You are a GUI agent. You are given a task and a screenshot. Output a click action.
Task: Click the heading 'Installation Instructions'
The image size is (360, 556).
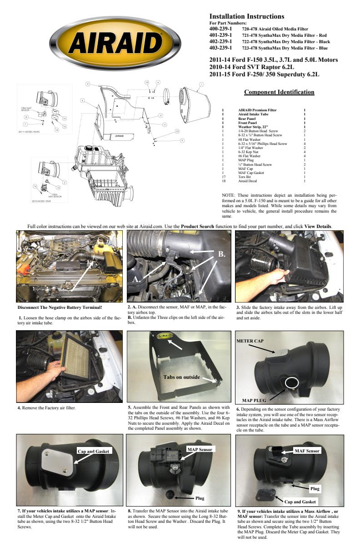[246, 16]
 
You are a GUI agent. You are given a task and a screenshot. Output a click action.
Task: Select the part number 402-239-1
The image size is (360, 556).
[220, 41]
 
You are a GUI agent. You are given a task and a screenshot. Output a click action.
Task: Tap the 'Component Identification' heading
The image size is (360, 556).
[279, 92]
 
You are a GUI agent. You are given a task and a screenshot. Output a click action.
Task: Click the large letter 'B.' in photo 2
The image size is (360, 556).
[221, 254]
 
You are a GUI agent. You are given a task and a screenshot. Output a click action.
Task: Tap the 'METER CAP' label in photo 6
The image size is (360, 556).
[250, 341]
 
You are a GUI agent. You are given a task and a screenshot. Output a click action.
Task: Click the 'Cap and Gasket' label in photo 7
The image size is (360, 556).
[94, 451]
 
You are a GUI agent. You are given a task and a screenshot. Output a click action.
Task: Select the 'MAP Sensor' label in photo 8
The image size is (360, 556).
[200, 449]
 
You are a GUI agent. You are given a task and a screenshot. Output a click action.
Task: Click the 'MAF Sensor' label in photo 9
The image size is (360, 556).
[307, 451]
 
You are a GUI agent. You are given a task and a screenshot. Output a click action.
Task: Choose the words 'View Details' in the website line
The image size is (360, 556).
[318, 226]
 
